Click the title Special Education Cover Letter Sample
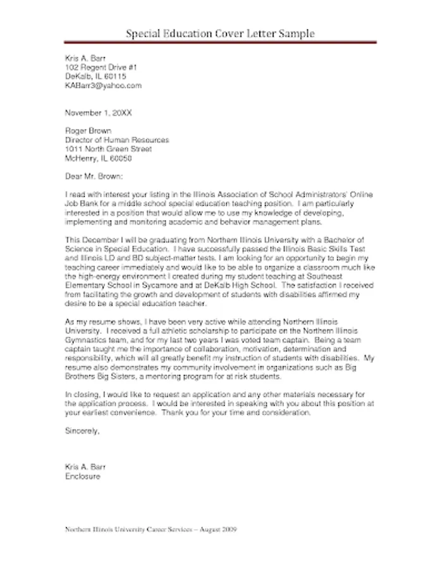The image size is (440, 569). [219, 33]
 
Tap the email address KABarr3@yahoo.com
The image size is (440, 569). [104, 85]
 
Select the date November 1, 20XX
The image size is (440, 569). [99, 113]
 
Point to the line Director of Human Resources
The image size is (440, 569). [117, 140]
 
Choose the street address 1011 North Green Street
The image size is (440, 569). [109, 149]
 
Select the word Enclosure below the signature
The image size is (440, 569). [83, 476]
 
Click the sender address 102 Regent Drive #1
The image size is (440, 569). [101, 66]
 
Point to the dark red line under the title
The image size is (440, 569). [219, 42]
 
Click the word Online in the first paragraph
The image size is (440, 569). [359, 195]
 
